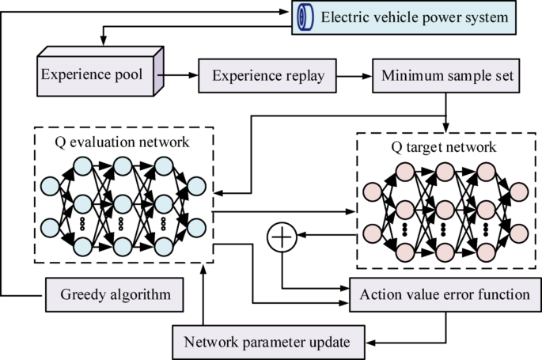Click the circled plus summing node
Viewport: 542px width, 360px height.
(x=282, y=237)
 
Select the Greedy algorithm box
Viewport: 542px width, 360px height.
(x=114, y=295)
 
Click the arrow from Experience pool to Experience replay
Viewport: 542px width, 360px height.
(x=181, y=77)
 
